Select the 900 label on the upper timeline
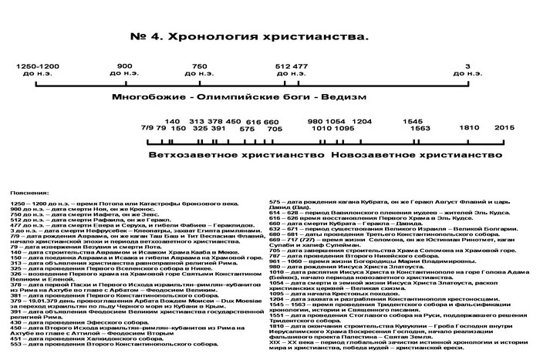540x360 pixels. [123, 66]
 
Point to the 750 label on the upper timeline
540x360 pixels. [200, 66]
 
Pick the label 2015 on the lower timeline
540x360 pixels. [504, 129]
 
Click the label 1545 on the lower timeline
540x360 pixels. [413, 121]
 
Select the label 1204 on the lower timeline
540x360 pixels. [362, 121]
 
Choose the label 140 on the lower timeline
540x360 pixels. [173, 121]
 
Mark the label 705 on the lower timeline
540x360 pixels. [275, 129]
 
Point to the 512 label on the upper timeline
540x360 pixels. [283, 66]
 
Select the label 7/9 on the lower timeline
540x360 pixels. [148, 129]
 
